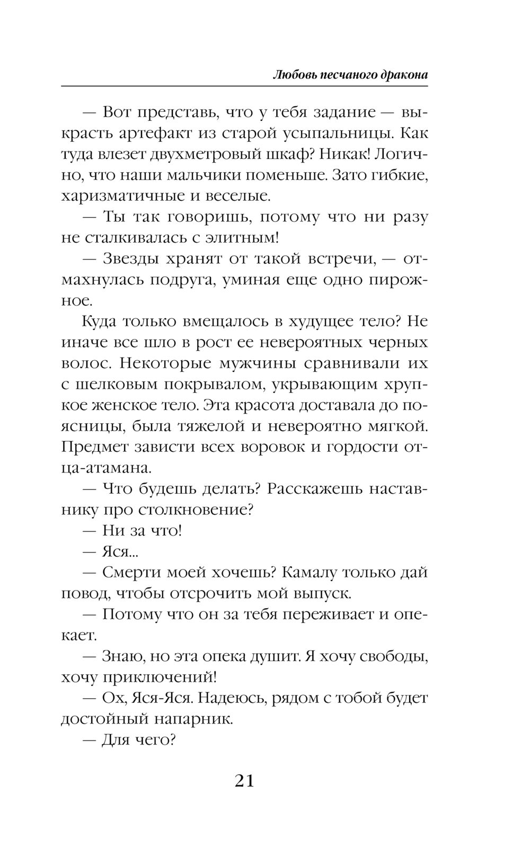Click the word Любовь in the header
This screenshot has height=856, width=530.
coord(290,75)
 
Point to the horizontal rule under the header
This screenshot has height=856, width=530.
coord(244,85)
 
